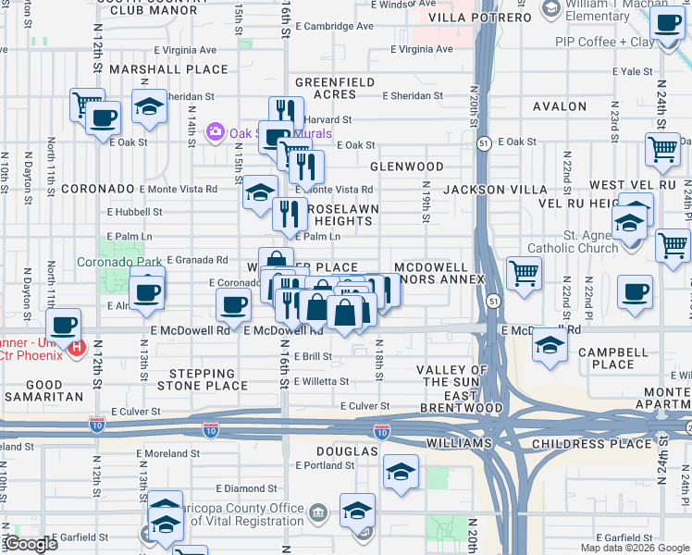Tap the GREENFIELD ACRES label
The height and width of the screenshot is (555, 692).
pyautogui.click(x=335, y=88)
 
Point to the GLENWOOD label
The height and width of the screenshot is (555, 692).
pyautogui.click(x=407, y=166)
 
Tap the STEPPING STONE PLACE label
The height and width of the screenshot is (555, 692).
pyautogui.click(x=203, y=378)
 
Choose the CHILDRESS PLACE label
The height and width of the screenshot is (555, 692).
pyautogui.click(x=605, y=444)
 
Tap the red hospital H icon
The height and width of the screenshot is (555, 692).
pyautogui.click(x=78, y=351)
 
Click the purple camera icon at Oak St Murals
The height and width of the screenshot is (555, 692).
pyautogui.click(x=216, y=131)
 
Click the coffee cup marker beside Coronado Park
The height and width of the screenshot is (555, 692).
pyautogui.click(x=147, y=292)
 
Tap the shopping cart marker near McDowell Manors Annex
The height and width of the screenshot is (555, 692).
pyautogui.click(x=524, y=273)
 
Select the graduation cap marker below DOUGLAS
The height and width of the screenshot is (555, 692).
pyautogui.click(x=401, y=474)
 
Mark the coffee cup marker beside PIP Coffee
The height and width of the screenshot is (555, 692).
pyautogui.click(x=665, y=24)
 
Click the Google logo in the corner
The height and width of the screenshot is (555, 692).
pyautogui.click(x=31, y=544)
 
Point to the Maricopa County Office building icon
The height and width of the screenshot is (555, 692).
pyautogui.click(x=318, y=511)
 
